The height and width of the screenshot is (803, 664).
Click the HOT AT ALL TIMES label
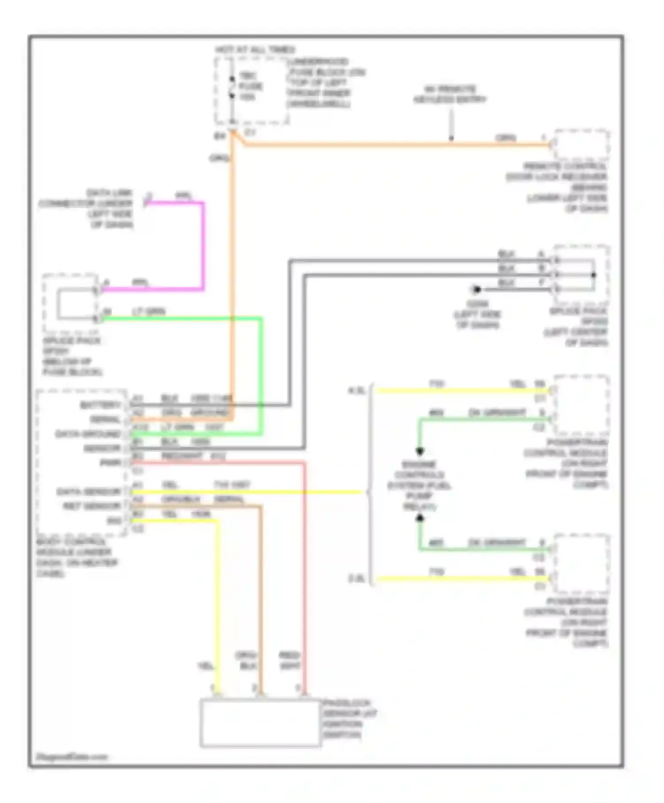tap(255, 50)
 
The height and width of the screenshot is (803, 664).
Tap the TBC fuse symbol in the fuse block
tap(232, 87)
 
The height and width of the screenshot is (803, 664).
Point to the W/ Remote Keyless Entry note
tap(450, 94)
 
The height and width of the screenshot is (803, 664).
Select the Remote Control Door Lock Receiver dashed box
tap(582, 145)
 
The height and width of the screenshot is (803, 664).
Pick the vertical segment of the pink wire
tap(203, 246)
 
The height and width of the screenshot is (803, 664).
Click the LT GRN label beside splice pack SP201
tap(149, 312)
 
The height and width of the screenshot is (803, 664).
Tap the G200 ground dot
tap(477, 290)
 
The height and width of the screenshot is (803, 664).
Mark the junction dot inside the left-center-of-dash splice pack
tap(594, 275)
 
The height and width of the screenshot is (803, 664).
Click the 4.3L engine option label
tap(357, 391)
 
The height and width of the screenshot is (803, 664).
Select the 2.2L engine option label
tap(357, 579)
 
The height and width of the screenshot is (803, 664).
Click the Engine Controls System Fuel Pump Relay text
tap(419, 486)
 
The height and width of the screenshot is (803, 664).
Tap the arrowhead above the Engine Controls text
tap(420, 452)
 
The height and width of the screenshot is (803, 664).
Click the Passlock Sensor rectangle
tap(260, 723)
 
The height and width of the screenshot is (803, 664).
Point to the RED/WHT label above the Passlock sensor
tap(290, 660)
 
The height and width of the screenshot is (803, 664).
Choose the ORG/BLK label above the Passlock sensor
tap(246, 660)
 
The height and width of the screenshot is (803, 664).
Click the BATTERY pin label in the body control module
tap(100, 405)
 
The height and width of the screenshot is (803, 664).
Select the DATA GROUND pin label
tap(88, 434)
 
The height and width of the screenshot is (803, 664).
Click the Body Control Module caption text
tap(76, 558)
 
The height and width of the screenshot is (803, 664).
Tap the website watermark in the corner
tap(72, 757)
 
